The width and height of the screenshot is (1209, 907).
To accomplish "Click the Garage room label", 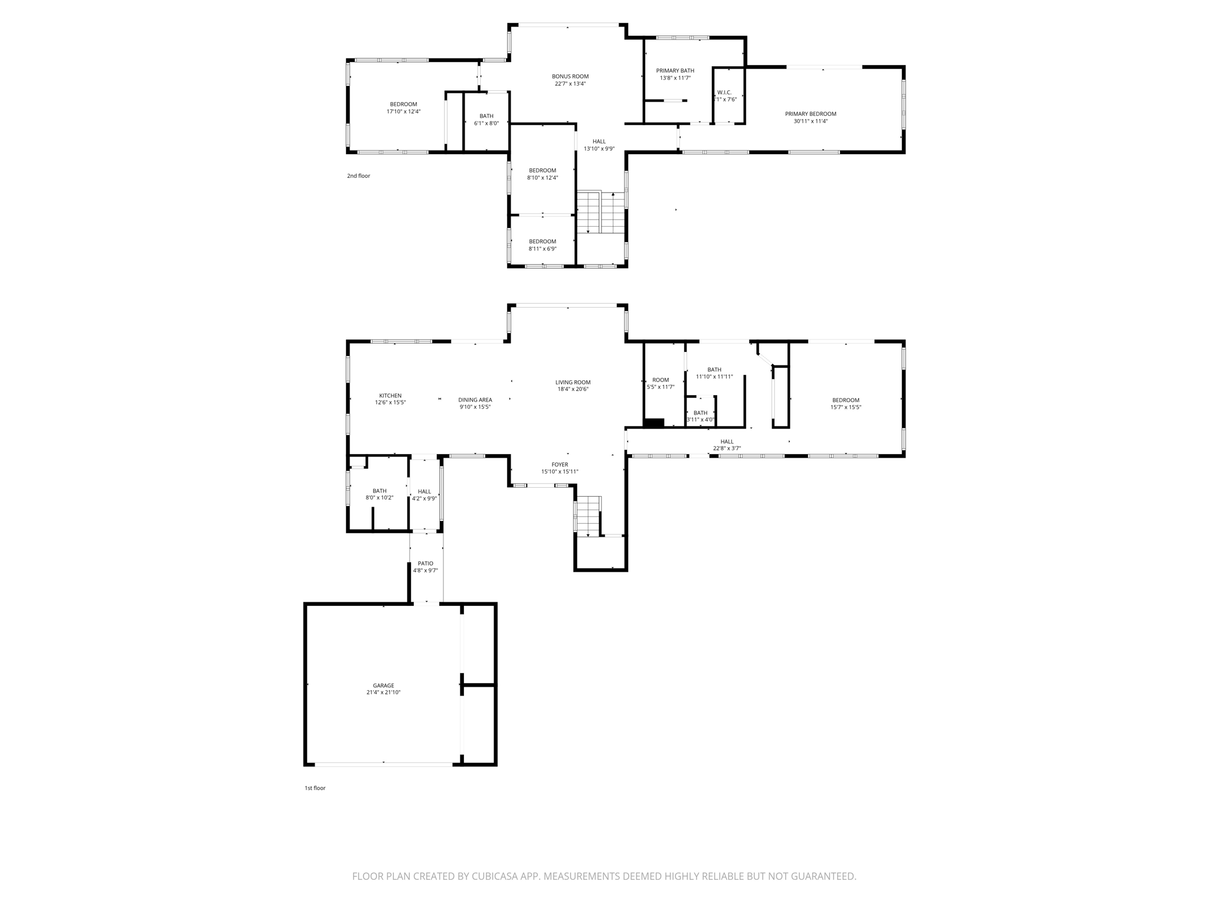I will coord(383,686).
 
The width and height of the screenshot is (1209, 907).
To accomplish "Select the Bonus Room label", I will coord(570,76).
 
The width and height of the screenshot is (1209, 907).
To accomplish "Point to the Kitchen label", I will coord(390,396).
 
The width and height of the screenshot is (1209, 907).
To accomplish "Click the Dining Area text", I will coord(475,400).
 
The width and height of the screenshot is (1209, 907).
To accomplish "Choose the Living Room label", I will coord(573,382).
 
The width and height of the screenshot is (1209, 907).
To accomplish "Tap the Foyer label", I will coord(560,465).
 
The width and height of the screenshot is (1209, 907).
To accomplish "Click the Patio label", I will coord(426,563).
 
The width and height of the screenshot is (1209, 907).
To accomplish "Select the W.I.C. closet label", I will coord(724,93).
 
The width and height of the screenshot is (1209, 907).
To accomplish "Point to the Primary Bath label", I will coord(675,71).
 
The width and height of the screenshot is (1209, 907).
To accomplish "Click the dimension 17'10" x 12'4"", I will coord(404,112).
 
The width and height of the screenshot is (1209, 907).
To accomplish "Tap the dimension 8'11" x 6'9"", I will coord(543,249).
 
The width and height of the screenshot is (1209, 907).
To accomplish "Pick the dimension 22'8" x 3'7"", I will coord(727,448).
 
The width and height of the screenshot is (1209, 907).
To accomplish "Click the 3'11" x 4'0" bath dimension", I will coord(701,420).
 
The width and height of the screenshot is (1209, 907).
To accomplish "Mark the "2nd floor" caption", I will coord(358,176).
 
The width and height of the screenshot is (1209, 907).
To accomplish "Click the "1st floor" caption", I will coord(315,788).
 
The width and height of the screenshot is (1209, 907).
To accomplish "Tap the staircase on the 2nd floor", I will coord(601,213).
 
